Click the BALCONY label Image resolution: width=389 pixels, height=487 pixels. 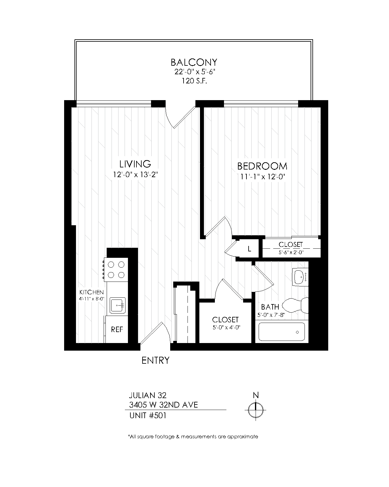[194, 62]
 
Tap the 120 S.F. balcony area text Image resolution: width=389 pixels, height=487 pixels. [194, 81]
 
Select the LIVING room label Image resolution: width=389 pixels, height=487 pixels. [135, 164]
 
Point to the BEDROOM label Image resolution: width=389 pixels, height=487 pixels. [262, 166]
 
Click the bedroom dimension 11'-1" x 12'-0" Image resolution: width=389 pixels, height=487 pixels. [262, 177]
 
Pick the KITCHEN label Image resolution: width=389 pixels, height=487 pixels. [91, 292]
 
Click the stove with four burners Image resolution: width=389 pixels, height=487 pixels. [116, 270]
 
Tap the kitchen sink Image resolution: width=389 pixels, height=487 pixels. [118, 305]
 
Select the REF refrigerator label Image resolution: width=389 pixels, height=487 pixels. [117, 330]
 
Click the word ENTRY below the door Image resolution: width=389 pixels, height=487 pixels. [156, 360]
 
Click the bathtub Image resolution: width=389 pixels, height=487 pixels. [282, 331]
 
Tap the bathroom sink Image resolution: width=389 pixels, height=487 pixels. [300, 277]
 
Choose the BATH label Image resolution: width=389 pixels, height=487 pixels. [270, 307]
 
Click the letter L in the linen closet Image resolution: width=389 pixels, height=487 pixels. [249, 249]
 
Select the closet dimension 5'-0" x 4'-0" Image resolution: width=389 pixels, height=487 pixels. [226, 328]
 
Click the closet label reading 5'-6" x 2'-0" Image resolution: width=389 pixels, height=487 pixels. [291, 252]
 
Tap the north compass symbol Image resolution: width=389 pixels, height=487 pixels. [256, 410]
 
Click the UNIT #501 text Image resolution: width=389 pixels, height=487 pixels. [148, 416]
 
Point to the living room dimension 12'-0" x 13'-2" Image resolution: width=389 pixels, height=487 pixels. [135, 174]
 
